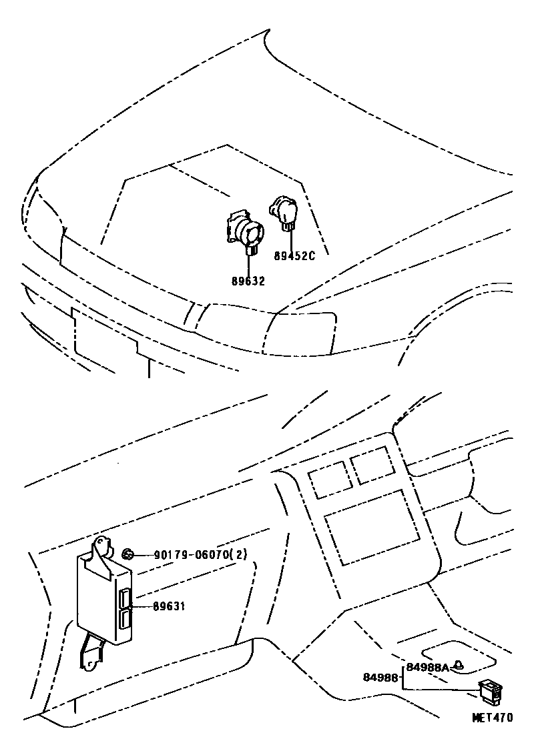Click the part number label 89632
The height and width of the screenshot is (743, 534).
pyautogui.click(x=249, y=281)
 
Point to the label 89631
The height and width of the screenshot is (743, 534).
pyautogui.click(x=169, y=606)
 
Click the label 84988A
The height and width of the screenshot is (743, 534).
pyautogui.click(x=427, y=667)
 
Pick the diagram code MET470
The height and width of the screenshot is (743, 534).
pyautogui.click(x=492, y=718)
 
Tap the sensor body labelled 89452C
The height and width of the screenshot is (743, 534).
pyautogui.click(x=284, y=212)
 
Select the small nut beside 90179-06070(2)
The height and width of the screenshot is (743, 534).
pyautogui.click(x=127, y=553)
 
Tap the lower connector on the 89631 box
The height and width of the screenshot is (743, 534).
pyautogui.click(x=124, y=620)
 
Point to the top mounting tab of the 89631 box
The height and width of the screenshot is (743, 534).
pyautogui.click(x=101, y=548)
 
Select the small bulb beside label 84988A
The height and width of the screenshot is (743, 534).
pyautogui.click(x=459, y=666)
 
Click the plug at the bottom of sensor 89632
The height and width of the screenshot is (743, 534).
pyautogui.click(x=252, y=251)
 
